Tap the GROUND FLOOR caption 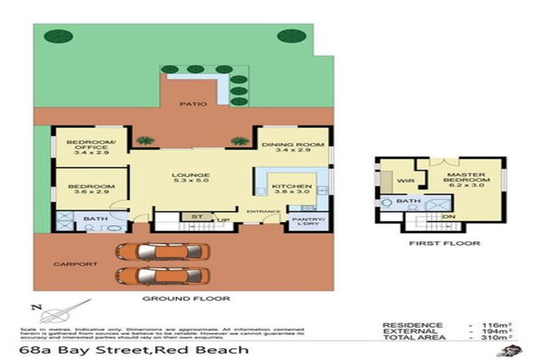[186, 299]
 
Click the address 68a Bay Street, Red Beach [134, 349]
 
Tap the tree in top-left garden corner [58, 36]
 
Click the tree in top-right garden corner [290, 36]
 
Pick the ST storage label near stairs [187, 217]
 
